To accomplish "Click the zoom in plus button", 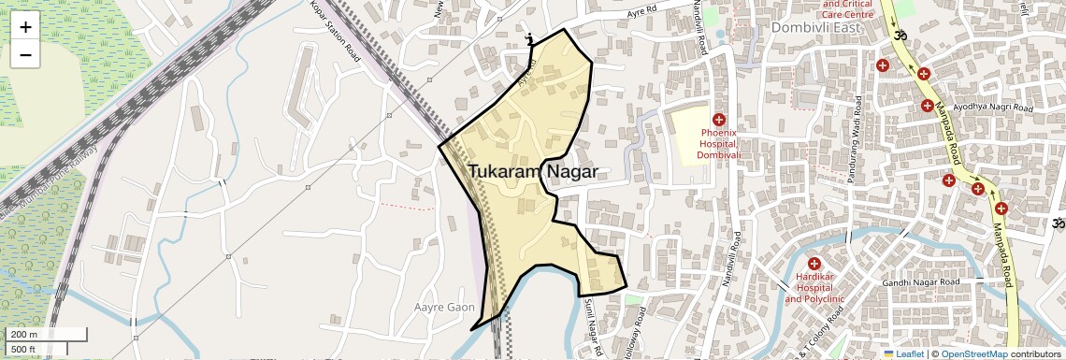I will pos(25,27).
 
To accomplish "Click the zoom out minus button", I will pos(25,54).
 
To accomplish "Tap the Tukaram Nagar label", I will pos(532,172).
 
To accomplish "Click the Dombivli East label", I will pos(816,28).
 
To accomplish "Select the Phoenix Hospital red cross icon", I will pos(719,120).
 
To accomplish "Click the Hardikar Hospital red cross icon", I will pos(814,265).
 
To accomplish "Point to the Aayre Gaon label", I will pos(444,307).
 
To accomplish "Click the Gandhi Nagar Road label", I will pos(921,282).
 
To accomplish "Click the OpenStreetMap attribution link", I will pos(973,354).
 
